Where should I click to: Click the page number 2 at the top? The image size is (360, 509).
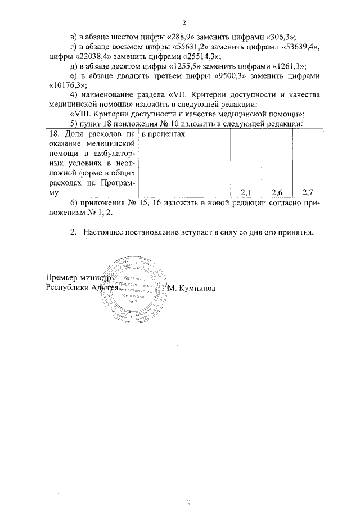tap(183, 23)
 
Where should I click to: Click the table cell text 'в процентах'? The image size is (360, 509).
tap(164, 135)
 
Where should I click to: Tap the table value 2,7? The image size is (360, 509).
tap(308, 192)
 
